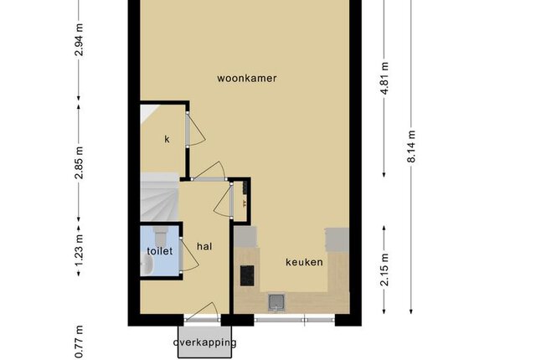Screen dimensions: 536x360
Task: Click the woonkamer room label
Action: (x=247, y=78)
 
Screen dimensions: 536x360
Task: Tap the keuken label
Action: (x=304, y=262)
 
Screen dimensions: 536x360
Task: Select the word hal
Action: (x=204, y=246)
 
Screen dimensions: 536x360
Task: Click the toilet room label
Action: (x=160, y=251)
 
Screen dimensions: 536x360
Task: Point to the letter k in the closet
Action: (x=167, y=139)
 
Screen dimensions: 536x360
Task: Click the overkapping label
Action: (x=204, y=342)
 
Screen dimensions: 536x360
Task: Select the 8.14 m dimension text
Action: (x=411, y=147)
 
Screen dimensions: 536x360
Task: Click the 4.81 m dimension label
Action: (x=384, y=79)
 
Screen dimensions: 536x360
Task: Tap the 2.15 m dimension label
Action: (x=384, y=269)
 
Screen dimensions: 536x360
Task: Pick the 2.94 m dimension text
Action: (x=79, y=39)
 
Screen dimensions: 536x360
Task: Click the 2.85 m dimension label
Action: (x=79, y=162)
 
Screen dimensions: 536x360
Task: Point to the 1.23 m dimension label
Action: (x=79, y=251)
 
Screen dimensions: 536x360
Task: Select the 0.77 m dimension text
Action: (x=79, y=342)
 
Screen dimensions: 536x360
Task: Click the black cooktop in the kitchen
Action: (x=247, y=275)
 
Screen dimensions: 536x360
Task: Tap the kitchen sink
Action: (x=276, y=303)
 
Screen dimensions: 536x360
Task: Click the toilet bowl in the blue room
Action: (x=160, y=235)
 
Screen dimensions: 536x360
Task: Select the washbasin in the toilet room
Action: (x=147, y=265)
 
